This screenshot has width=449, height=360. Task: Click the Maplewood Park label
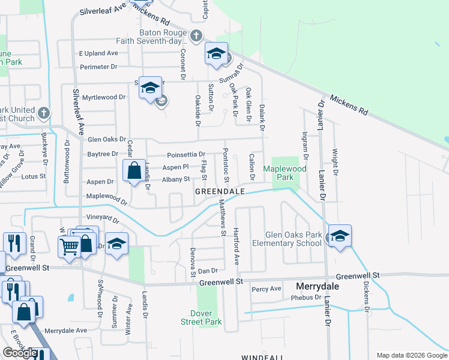[286, 173]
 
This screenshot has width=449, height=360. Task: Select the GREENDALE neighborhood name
[220, 191]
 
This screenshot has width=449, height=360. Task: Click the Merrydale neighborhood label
[317, 287]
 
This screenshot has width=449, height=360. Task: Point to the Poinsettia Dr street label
[186, 154]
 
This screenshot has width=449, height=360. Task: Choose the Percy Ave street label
[267, 289]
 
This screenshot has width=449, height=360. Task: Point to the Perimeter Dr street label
[96, 67]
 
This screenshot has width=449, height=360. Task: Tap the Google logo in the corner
[20, 352]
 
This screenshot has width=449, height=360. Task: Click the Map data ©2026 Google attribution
[411, 355]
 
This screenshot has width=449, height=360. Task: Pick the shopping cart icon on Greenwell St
[68, 245]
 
